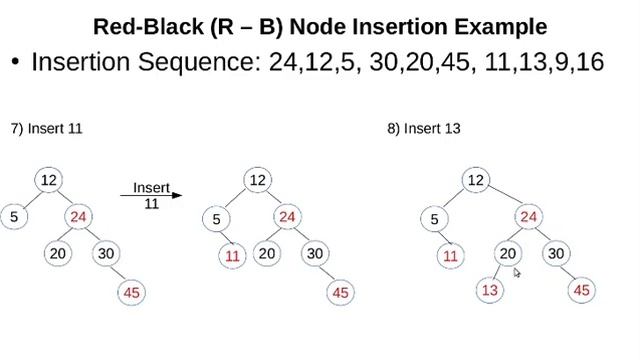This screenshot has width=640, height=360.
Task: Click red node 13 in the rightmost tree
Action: [488, 290]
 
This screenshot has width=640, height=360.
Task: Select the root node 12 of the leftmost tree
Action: [47, 180]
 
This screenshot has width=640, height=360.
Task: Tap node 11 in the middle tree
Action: [232, 255]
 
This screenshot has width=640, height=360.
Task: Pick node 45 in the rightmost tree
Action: [583, 290]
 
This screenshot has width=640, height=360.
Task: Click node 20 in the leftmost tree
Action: [58, 253]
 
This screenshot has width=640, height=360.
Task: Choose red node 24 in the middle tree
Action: [288, 217]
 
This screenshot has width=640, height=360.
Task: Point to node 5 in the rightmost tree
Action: [433, 220]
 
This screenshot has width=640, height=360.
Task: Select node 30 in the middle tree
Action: [315, 253]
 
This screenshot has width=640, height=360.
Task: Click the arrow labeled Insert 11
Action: [152, 196]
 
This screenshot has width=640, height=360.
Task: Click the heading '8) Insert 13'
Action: [423, 129]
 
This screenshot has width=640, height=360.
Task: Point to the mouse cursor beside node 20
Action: [517, 271]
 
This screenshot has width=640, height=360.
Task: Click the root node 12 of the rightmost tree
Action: [476, 180]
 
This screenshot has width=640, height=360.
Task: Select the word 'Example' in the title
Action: [493, 25]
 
